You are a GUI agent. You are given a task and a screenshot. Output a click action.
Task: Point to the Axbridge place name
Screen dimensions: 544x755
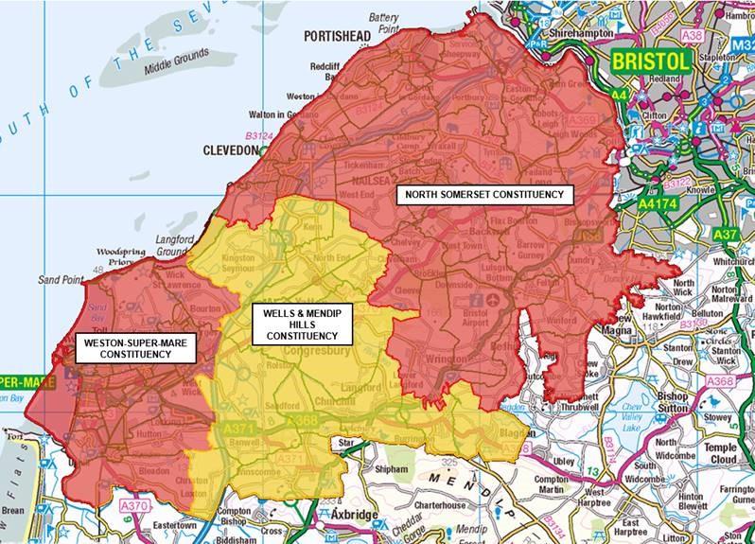(357, 515)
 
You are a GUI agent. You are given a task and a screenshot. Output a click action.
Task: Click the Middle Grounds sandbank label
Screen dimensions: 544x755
(173, 68)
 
